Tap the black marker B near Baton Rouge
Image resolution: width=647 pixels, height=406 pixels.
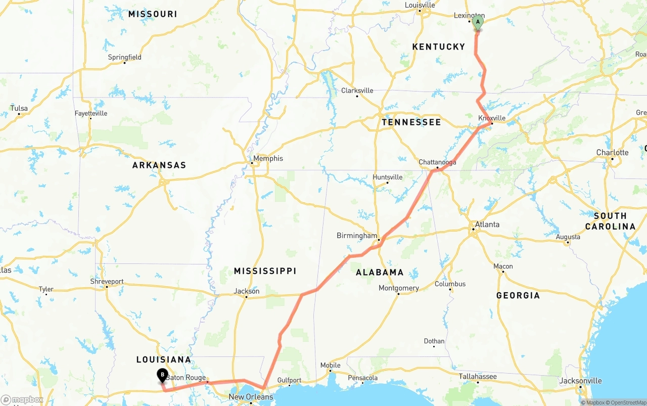(x=162, y=376)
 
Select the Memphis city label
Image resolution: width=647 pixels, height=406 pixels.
(x=268, y=158)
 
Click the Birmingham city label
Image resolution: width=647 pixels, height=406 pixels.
(x=357, y=236)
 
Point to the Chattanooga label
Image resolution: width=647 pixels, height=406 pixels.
(x=437, y=162)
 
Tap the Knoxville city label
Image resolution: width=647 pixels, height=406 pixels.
(x=492, y=118)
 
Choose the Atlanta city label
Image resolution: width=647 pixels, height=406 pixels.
(x=487, y=224)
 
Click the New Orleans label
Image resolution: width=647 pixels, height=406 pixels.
(x=251, y=397)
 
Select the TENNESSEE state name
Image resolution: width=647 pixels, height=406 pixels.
(x=411, y=122)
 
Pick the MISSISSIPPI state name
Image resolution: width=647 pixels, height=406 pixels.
(x=265, y=272)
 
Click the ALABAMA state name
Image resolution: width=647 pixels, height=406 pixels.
(x=380, y=273)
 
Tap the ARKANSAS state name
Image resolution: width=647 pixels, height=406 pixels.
(x=159, y=165)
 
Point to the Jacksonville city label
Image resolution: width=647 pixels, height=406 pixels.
(x=580, y=381)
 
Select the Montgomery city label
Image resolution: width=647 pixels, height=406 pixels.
(x=399, y=288)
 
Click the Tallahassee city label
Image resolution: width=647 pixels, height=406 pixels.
(x=478, y=376)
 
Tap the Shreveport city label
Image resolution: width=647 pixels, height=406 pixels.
(x=107, y=281)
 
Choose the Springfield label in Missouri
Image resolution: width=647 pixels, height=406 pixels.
(x=125, y=57)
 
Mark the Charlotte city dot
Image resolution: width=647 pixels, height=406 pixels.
(x=612, y=159)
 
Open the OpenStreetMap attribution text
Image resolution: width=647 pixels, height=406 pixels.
(x=626, y=403)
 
